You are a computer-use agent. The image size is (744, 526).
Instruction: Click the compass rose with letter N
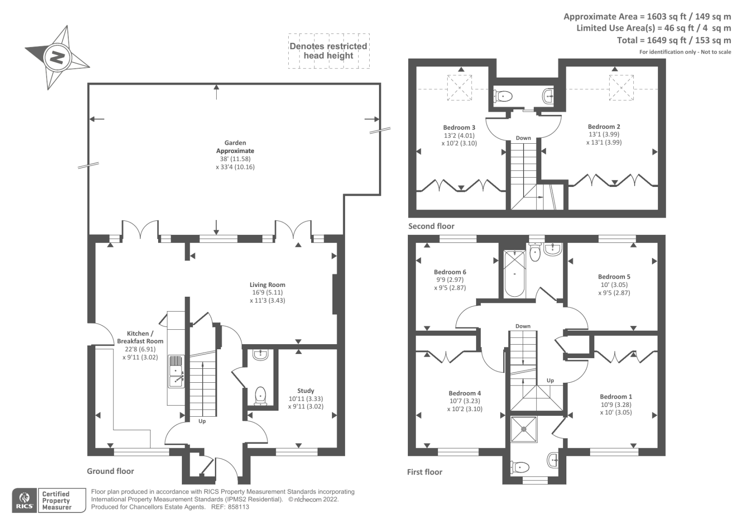point(57,58)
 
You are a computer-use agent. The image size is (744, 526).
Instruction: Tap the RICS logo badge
point(25,500)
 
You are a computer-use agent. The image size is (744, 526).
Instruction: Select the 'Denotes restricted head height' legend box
point(329,51)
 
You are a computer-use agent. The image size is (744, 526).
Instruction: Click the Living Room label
point(267,285)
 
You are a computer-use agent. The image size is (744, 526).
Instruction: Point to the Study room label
point(306,391)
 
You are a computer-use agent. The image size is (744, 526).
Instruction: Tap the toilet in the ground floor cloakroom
point(261,395)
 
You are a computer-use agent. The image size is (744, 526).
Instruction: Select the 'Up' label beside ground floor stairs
point(202,421)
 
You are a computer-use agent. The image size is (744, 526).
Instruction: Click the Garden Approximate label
point(235,146)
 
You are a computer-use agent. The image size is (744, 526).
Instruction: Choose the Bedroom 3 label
point(459,127)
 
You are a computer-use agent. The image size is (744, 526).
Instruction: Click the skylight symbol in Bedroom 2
point(621,87)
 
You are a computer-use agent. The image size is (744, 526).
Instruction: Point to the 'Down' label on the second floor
point(523,138)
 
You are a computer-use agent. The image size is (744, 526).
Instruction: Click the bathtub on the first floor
point(514,274)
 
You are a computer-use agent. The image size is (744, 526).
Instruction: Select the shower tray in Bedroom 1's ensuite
point(524,429)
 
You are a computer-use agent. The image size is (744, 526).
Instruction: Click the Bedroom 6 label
point(450,272)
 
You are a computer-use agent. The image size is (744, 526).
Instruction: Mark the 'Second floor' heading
point(431,226)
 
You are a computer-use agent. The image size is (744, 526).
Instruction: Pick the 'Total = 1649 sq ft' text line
point(674,40)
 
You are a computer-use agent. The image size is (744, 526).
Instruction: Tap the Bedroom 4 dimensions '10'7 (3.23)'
point(465,401)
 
